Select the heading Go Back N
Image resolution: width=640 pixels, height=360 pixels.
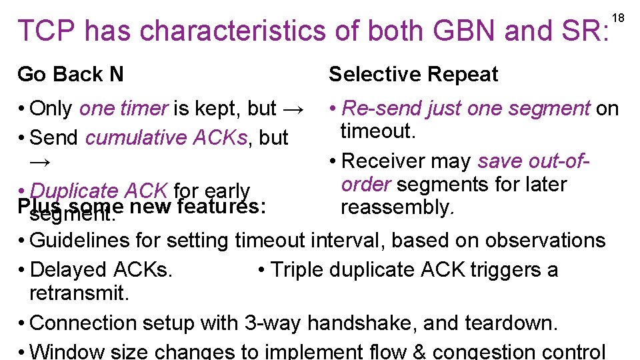point(71,74)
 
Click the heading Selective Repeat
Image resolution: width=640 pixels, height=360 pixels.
point(413,74)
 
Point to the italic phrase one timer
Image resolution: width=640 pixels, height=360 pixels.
point(124,108)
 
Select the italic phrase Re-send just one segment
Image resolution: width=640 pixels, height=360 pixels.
point(466,108)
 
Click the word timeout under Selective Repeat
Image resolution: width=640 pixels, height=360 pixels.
point(377,131)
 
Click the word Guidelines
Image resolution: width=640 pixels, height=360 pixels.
point(80,240)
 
